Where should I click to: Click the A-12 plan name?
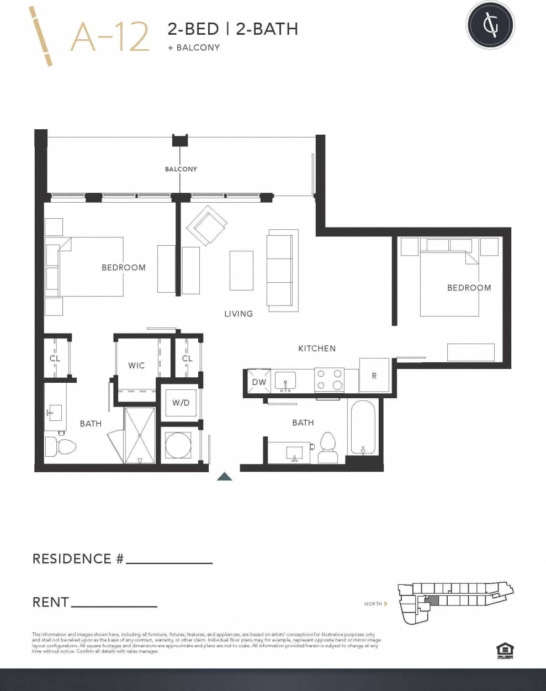coord(110,37)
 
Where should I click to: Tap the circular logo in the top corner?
coord(490,25)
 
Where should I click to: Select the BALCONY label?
coord(181,169)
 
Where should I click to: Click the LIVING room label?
coord(238,314)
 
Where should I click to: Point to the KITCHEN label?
coord(317,349)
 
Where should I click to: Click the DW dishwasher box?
coord(258,382)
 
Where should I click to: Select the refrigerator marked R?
coord(374,376)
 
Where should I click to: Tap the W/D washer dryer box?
coord(181,403)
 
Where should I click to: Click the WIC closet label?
coord(136,365)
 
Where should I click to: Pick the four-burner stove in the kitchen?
coord(329,380)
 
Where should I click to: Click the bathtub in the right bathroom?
coord(363,427)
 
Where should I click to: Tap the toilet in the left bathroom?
coord(59,446)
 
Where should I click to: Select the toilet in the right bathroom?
coord(328,447)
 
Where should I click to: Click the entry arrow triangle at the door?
coord(224,477)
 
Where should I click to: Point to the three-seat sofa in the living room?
coord(282,270)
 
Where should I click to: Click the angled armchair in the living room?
coord(206,225)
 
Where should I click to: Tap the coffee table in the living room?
coord(241,270)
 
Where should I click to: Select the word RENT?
coord(51,602)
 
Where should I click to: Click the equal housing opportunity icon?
coord(505,650)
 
